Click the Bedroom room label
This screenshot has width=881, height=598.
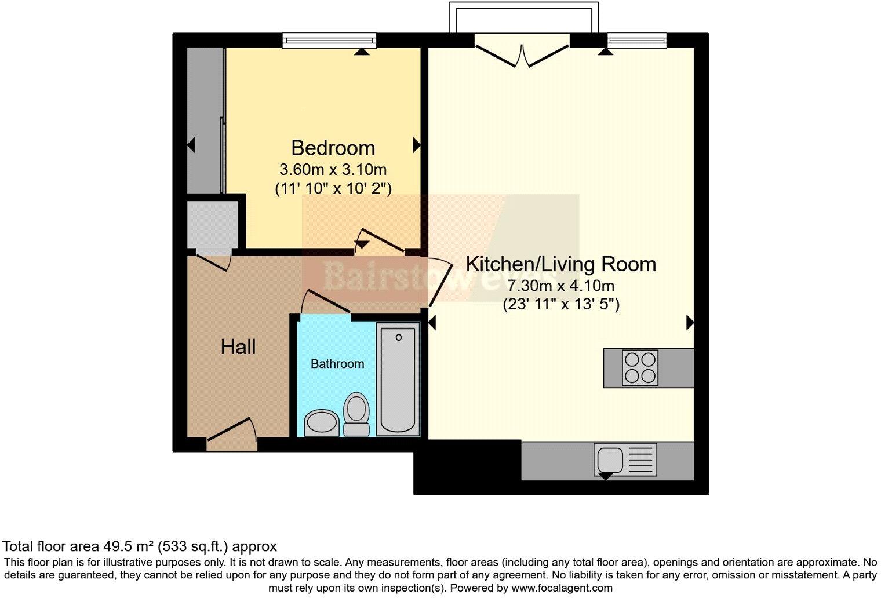pos(333,148)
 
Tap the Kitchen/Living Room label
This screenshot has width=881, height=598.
pos(560,264)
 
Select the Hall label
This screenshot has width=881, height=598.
pos(238,347)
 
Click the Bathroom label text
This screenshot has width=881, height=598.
pos(337,364)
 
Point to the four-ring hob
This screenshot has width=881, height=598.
pos(640,368)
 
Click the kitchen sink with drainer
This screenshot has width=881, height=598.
pos(625,460)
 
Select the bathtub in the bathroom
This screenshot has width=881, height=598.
pos(398,380)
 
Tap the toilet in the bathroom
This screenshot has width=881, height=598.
pos(356,414)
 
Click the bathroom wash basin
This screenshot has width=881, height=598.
pos(322,422)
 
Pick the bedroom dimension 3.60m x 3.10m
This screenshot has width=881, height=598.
pos(333,170)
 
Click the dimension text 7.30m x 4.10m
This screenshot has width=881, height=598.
pos(560,286)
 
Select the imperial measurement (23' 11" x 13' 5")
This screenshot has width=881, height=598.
pos(560,304)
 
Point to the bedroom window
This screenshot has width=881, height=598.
pos(329,40)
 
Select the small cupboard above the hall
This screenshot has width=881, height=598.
pos(213,225)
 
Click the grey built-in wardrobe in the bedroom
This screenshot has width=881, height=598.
pos(205,121)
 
